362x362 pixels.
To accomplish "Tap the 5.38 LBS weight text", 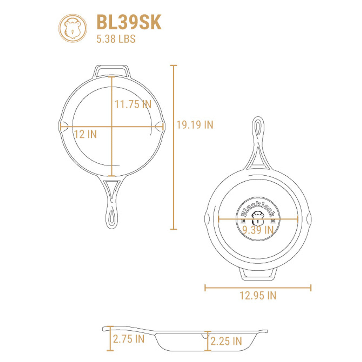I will pos(116,39).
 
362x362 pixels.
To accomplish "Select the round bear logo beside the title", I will pos(73,29).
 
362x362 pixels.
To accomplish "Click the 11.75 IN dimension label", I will pos(133,104).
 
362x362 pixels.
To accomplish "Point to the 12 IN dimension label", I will pos(85,134).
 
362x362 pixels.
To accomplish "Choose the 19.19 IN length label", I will pos(195,125).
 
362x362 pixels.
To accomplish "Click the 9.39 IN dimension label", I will pos(258,230).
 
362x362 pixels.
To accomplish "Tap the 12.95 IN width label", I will pos(258,296).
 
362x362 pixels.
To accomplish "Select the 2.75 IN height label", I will pos(129,339).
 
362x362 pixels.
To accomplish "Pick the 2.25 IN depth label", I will pos(226,341).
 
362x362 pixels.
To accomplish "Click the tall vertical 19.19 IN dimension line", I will pos(174,147).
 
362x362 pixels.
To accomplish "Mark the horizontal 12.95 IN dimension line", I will pos(258,288).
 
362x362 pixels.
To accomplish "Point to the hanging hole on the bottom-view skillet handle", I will pos(258,128).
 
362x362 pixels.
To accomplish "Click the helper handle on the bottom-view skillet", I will pos(258,274).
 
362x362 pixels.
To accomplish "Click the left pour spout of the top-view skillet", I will pos(63,126).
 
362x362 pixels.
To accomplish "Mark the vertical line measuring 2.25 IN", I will pos(208,341).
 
